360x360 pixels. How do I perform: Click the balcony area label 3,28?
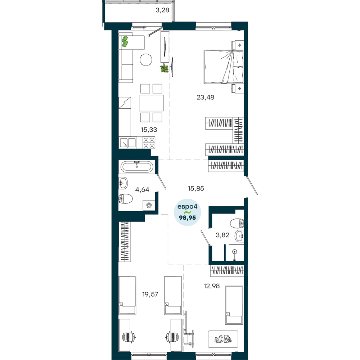(162, 10)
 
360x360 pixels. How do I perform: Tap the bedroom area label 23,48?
(205, 97)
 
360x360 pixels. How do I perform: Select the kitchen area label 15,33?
(149, 130)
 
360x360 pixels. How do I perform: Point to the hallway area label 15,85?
(196, 189)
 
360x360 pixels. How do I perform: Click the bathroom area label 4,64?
(142, 190)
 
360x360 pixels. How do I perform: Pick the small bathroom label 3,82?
(222, 235)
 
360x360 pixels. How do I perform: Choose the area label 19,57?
(150, 294)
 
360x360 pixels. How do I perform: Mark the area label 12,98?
(212, 286)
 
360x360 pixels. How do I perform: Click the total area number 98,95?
(188, 218)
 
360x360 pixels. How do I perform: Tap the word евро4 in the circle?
(187, 207)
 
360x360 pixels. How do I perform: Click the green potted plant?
(165, 68)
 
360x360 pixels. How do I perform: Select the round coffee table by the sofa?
(146, 60)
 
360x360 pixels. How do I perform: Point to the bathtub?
(137, 166)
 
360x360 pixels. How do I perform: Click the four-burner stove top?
(149, 143)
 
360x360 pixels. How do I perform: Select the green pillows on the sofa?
(125, 41)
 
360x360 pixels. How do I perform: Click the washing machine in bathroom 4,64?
(149, 205)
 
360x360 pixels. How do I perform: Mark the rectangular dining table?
(151, 103)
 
